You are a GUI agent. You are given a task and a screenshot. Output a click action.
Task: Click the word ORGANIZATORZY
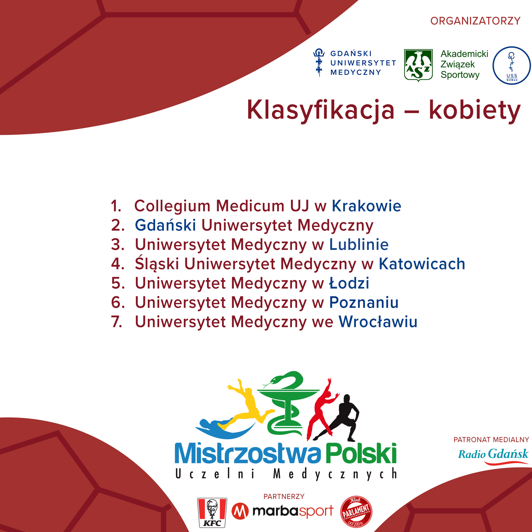coord(475,21)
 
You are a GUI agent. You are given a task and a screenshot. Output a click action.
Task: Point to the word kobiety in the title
coord(475,110)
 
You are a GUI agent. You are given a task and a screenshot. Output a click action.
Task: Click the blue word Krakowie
coord(367,206)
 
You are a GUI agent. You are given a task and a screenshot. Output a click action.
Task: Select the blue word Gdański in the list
coord(165,225)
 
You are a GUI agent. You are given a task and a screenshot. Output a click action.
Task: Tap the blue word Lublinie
coord(359,244)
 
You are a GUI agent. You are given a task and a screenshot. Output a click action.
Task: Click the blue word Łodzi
coord(349,283)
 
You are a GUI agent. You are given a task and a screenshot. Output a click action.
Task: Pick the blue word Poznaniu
coord(364,302)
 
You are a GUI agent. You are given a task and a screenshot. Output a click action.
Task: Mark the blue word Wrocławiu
coord(378,321)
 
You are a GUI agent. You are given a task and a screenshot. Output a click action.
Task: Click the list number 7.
coord(116,321)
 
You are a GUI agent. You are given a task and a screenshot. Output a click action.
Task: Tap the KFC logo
coord(212,513)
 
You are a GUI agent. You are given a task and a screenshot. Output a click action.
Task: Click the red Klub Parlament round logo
coord(356,512)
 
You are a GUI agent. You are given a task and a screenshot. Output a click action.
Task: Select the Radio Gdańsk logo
coord(493,457)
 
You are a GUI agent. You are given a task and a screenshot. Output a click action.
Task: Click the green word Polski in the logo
coord(361,454)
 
